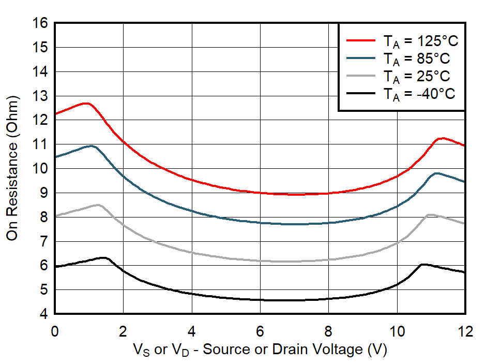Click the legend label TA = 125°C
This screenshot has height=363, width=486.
(420, 40)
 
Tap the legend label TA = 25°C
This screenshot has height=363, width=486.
(416, 76)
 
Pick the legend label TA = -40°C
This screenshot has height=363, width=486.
(419, 94)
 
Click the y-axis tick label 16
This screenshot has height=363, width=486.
(40, 23)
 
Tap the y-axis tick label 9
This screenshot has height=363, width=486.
(44, 193)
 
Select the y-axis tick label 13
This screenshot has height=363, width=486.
(40, 96)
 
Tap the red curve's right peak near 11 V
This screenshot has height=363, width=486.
(442, 138)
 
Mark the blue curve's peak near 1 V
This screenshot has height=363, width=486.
(91, 146)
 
